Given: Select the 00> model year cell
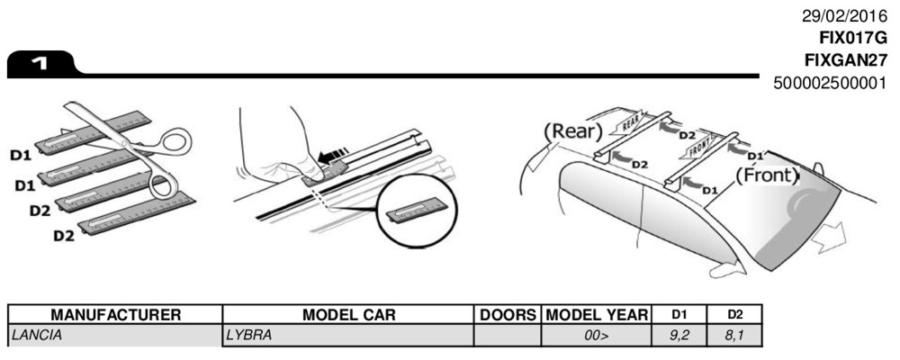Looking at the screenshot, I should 597,335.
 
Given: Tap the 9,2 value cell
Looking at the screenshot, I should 676,335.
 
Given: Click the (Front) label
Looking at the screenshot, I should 767,175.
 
